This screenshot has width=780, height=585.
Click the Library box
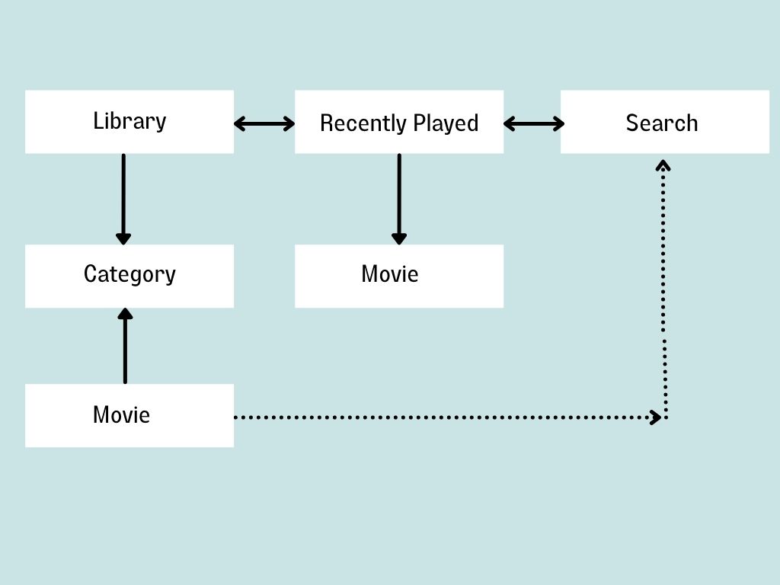click(129, 122)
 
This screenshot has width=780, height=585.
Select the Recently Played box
click(399, 122)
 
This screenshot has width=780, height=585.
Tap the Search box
click(664, 122)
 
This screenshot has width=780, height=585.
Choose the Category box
click(129, 276)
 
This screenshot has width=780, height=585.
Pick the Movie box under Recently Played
click(399, 276)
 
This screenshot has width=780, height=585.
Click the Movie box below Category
click(129, 415)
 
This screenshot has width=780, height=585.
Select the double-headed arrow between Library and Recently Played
click(264, 123)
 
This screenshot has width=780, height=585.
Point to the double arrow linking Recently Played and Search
click(533, 123)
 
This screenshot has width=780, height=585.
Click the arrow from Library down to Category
click(123, 198)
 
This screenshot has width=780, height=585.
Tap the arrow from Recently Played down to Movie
click(398, 198)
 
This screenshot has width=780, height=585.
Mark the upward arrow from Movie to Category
click(125, 347)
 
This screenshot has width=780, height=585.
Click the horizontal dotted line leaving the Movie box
click(442, 417)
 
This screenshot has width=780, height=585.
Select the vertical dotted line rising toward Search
click(665, 289)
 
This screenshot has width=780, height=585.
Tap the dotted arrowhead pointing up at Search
click(663, 164)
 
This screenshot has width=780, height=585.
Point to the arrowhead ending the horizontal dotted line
click(655, 417)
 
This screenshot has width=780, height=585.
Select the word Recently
click(363, 123)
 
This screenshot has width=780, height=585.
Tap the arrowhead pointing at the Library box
click(239, 123)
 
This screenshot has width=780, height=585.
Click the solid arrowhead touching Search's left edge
click(558, 123)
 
